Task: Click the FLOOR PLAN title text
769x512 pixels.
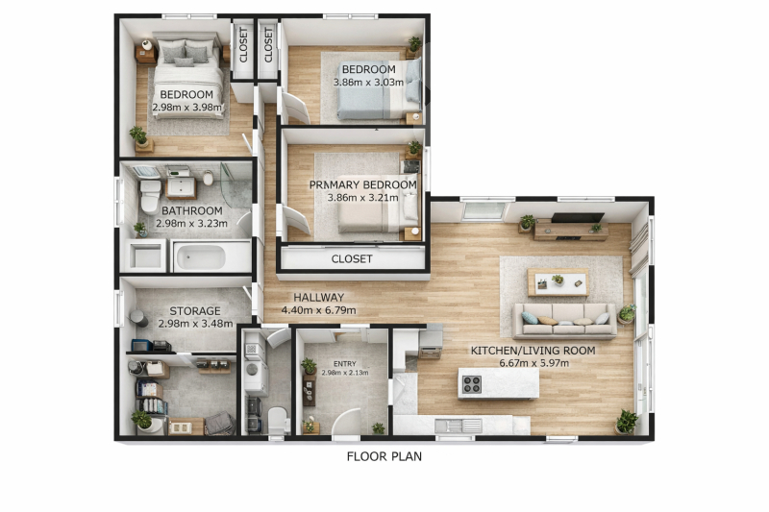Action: (384, 456)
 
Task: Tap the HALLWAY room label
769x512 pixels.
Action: (319, 298)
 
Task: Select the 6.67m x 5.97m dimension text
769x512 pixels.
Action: (534, 363)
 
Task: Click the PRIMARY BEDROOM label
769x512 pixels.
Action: (363, 185)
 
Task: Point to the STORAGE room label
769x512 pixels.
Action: (195, 311)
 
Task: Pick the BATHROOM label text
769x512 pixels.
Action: (191, 211)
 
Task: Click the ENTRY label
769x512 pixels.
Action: (345, 364)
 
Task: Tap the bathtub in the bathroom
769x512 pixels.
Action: (201, 256)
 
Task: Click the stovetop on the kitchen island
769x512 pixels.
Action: (472, 384)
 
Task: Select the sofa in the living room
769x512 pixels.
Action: (564, 321)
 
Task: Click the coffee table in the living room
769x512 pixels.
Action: (558, 282)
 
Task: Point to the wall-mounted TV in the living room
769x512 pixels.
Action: (578, 217)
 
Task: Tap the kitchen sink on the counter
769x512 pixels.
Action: (459, 426)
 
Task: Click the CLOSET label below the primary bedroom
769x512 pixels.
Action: (352, 258)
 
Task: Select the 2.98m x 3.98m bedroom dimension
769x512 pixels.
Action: (186, 107)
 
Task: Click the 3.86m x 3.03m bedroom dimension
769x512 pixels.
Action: (369, 83)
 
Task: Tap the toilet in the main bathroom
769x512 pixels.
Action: (150, 195)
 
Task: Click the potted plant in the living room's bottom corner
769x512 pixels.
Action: (627, 422)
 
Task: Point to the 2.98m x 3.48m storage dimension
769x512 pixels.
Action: (195, 324)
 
